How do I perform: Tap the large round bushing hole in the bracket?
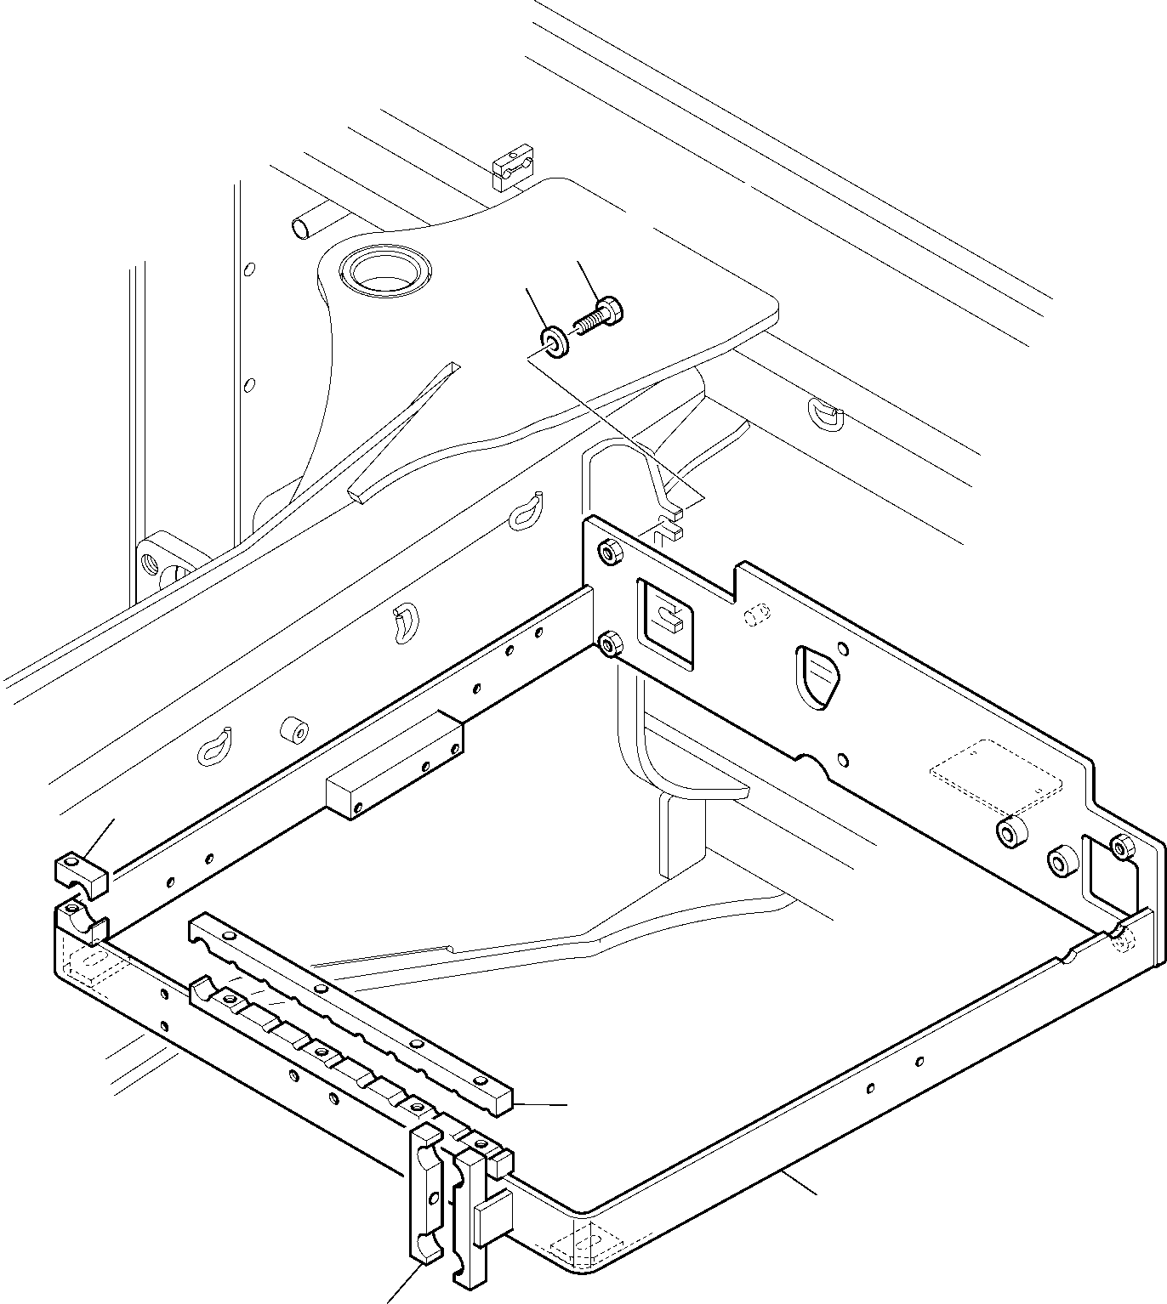pyautogui.click(x=386, y=270)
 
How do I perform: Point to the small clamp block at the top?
pyautogui.click(x=513, y=169)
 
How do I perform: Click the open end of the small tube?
pyautogui.click(x=300, y=228)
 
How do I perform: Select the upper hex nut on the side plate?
pyautogui.click(x=609, y=553)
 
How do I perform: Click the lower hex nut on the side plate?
pyautogui.click(x=609, y=645)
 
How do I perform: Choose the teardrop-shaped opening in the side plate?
pyautogui.click(x=818, y=675)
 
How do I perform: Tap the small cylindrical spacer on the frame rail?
pyautogui.click(x=293, y=731)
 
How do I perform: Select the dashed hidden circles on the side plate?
pyautogui.click(x=757, y=613)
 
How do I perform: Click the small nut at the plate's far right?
pyautogui.click(x=1123, y=847)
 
